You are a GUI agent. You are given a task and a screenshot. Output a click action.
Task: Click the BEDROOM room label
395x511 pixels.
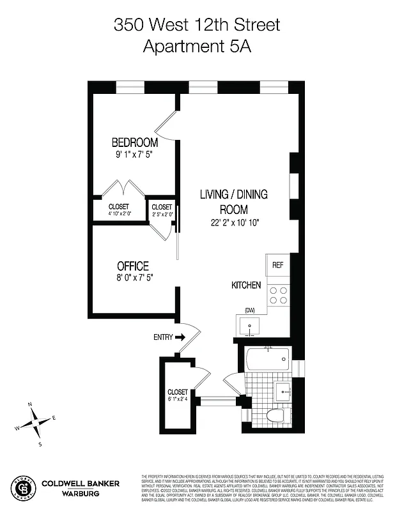(135, 142)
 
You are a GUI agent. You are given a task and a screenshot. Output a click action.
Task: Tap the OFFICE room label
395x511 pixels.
(133, 266)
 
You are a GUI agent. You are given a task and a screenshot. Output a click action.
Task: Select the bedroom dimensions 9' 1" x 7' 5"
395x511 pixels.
(135, 154)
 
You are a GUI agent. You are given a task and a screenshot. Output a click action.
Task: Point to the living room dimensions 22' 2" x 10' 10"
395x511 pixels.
(234, 222)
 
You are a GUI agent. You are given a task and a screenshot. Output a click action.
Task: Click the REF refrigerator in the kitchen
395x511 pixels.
(278, 265)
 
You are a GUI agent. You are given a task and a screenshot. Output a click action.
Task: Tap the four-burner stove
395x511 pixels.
(279, 294)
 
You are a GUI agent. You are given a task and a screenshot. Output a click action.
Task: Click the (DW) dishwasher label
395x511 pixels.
(250, 311)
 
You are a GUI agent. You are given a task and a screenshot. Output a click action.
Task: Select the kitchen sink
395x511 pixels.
(250, 327)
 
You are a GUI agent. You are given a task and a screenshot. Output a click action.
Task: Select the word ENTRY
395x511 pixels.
(163, 337)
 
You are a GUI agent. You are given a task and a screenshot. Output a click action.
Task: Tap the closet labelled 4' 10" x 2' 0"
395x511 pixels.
(119, 210)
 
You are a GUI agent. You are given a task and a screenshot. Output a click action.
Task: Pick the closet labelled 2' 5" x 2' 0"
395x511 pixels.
(162, 210)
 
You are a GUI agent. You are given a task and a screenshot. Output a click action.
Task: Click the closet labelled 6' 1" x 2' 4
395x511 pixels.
(178, 395)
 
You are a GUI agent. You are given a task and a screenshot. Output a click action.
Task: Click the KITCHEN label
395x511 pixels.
(246, 286)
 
